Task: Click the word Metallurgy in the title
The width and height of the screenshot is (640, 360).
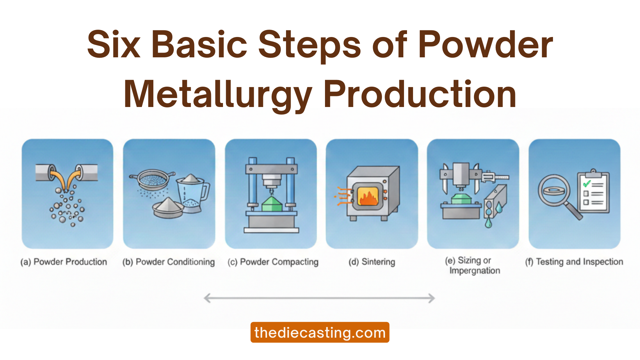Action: [218, 95]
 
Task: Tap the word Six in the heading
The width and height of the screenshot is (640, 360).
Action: [114, 45]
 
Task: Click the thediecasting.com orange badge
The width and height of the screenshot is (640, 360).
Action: [320, 332]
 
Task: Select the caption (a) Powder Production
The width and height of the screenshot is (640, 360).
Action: [64, 262]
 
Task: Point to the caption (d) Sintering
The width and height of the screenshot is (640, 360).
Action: [372, 262]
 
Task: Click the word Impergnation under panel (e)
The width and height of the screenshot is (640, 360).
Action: [474, 271]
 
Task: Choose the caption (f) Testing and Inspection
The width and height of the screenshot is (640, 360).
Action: [574, 262]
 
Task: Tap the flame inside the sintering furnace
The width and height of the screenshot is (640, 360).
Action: [368, 198]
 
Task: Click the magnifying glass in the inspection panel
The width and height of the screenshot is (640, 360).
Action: [554, 191]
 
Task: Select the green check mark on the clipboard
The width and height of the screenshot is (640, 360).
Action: [586, 183]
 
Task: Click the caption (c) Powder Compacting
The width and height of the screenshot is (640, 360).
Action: [273, 262]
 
